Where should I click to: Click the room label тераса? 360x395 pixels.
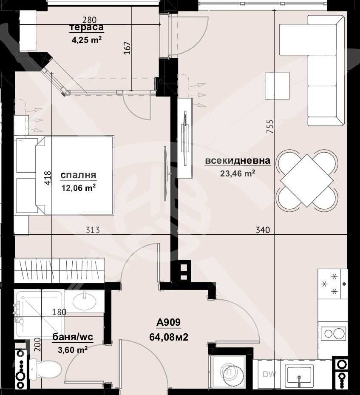point(86,28)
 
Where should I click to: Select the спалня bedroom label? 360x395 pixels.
point(78,175)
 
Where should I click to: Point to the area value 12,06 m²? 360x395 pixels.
point(78,187)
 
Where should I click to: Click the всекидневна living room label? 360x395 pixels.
point(238,161)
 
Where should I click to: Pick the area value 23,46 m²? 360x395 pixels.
point(238,173)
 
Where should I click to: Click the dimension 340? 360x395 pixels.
point(263,230)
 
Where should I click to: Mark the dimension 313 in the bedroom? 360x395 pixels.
point(93,230)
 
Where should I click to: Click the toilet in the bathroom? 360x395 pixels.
point(46,369)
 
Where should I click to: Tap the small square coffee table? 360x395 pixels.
point(277,86)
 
